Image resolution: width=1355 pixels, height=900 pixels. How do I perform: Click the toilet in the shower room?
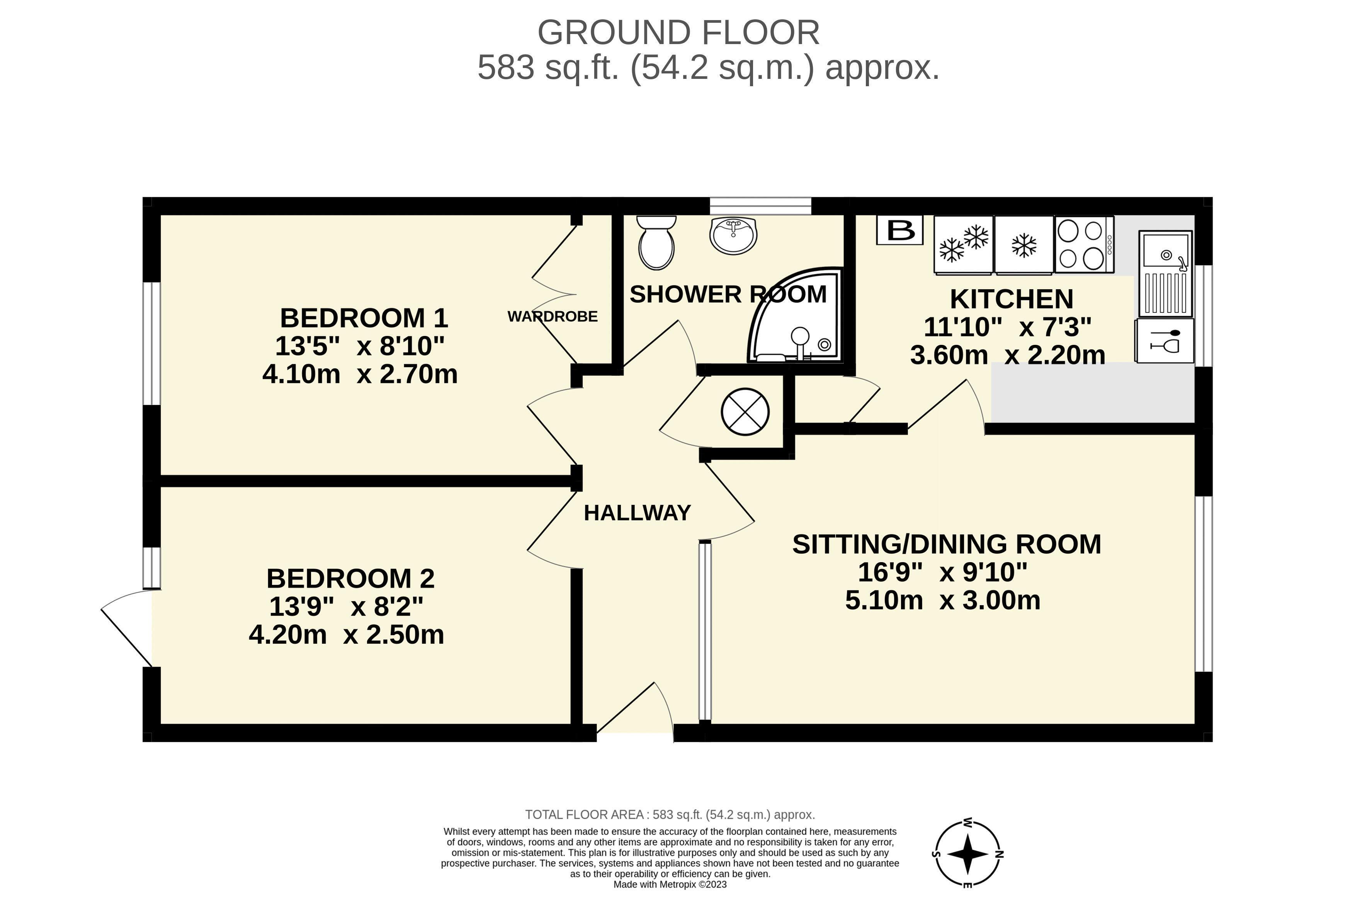(656, 243)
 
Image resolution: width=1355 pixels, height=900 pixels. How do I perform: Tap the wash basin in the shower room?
(733, 236)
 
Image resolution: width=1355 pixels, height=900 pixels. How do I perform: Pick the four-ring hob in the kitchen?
(1084, 244)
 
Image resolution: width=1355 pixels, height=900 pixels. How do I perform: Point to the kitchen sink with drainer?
(1165, 274)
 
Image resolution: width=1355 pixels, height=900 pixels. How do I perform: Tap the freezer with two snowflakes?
(963, 244)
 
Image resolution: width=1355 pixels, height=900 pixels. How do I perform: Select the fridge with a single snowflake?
(1024, 244)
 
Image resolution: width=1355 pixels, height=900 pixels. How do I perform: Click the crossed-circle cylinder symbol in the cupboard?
(745, 411)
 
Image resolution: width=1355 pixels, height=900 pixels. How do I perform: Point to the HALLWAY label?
(638, 513)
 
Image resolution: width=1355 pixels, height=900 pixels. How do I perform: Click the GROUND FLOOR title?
(678, 33)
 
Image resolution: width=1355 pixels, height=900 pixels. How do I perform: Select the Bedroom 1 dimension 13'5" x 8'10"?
(360, 346)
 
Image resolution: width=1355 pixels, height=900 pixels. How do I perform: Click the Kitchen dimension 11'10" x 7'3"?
(1007, 327)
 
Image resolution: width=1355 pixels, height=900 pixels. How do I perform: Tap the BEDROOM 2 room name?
(350, 579)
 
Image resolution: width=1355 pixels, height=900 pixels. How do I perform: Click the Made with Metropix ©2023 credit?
(670, 885)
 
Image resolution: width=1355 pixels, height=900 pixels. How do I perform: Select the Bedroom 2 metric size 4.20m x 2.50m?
(347, 635)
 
